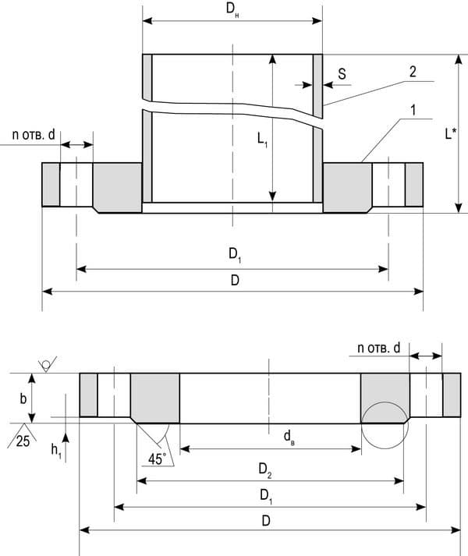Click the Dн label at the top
pos(233,10)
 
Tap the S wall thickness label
pos(342,74)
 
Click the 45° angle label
pos(157,459)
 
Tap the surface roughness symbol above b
pos(47,364)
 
